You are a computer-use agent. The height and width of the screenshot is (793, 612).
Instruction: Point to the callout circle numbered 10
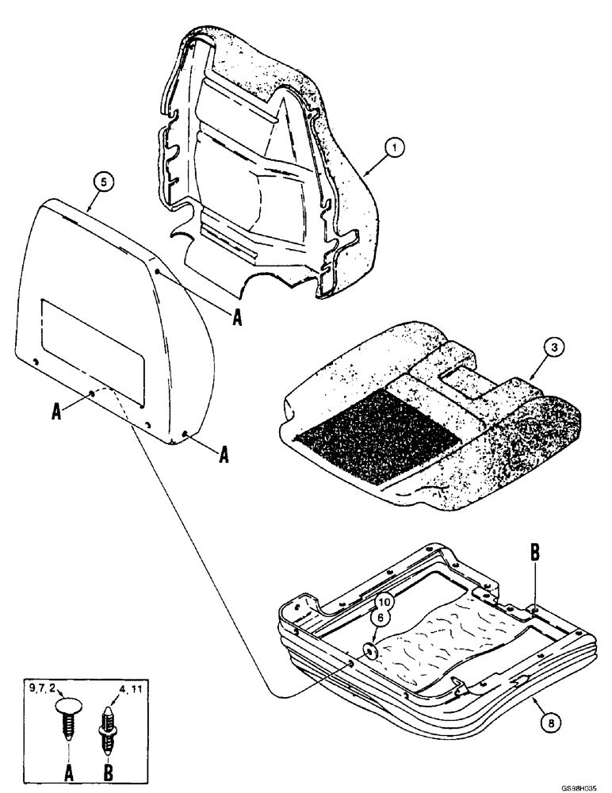(x=383, y=603)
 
